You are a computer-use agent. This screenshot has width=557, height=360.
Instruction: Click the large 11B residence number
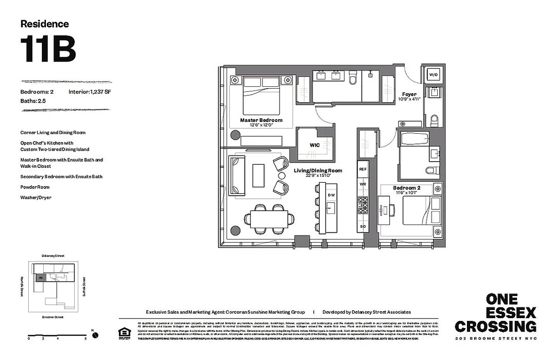[48, 49]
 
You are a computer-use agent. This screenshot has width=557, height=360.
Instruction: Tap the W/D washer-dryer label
[433, 74]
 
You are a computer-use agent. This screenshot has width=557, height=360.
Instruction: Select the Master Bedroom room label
[261, 120]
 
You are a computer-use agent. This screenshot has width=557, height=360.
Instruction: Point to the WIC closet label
[314, 145]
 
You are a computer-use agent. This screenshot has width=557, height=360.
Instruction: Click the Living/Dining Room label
[318, 171]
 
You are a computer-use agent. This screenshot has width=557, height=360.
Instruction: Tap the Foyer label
[409, 94]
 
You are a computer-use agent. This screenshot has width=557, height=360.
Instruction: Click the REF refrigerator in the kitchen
[363, 169]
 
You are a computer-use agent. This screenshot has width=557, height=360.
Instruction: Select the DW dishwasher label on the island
[331, 195]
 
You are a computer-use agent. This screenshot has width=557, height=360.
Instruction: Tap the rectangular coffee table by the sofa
[258, 175]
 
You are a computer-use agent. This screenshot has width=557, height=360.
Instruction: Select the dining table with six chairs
[269, 220]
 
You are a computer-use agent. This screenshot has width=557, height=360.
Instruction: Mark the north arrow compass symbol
[95, 335]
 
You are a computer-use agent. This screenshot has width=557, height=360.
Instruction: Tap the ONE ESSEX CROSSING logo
[495, 313]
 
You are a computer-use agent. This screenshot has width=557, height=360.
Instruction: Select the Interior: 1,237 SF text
[90, 92]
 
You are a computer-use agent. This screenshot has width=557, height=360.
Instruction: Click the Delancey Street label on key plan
[53, 256]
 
